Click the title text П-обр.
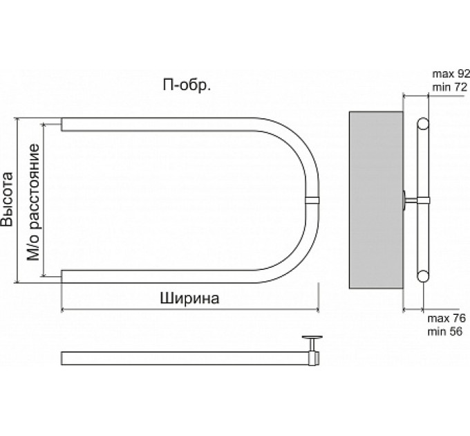(187, 86)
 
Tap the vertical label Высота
(8, 199)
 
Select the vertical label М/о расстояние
(33, 203)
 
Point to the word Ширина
(189, 298)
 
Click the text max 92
(451, 74)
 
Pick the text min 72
(450, 87)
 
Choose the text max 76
(446, 318)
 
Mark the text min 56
(444, 331)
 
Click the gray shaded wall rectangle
(376, 200)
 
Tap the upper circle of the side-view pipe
(422, 124)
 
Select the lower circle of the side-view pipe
(422, 275)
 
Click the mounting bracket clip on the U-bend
(312, 200)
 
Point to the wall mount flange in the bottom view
(312, 338)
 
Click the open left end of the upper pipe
(62, 125)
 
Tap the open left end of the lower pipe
(62, 276)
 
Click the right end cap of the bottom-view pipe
(314, 358)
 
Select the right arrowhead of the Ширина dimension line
(317, 309)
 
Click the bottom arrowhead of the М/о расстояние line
(44, 274)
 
